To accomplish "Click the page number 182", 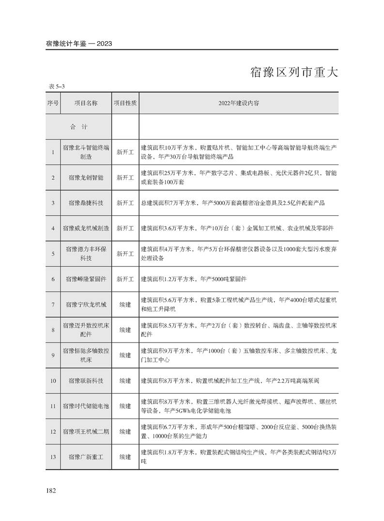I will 51,491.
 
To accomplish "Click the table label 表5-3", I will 57,86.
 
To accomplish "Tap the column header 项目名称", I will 86,104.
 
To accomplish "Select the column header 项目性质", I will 125,104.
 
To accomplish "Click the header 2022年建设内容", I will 238,104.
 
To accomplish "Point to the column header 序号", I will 53,104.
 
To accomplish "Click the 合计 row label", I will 78,127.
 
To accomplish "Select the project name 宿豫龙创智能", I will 86,178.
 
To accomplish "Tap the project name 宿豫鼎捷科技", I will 86,203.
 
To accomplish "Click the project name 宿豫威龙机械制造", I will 86,228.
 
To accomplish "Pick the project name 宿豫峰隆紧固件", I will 86,279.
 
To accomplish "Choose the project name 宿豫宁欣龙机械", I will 86,305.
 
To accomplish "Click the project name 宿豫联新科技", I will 86,381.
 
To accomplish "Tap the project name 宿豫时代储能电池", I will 86,406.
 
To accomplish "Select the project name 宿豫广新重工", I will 86,457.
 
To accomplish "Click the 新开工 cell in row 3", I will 125,203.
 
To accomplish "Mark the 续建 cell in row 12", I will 125,432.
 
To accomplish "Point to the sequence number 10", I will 53,381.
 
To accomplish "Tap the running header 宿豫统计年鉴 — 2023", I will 79,44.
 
